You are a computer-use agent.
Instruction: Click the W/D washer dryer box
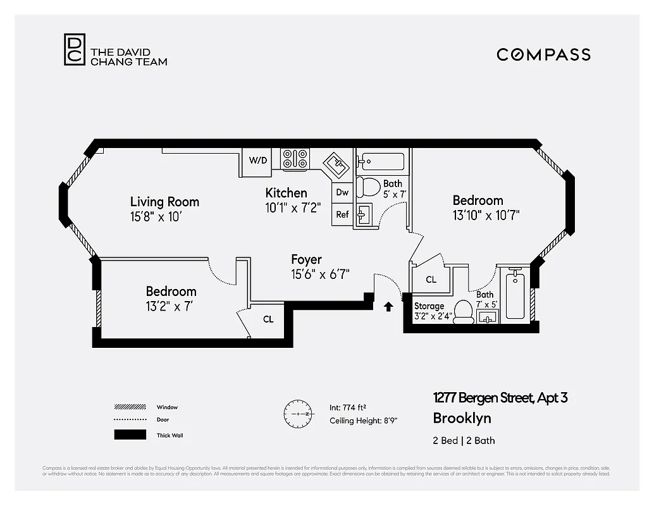[257, 161]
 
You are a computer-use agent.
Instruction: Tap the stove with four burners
[295, 159]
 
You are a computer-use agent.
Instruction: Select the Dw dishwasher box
[342, 192]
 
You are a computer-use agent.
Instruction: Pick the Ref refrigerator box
[342, 214]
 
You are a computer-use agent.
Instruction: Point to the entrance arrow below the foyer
[388, 307]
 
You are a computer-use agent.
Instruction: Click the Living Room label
[164, 202]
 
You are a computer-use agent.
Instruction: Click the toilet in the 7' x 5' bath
[464, 311]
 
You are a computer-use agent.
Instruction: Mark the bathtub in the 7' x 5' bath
[515, 295]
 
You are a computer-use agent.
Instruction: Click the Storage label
[429, 306]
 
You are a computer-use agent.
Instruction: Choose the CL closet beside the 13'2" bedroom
[268, 319]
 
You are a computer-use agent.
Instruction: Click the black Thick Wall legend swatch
[130, 435]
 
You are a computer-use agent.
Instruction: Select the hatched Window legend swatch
[130, 407]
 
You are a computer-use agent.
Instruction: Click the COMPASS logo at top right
[543, 54]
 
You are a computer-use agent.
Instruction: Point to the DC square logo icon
[74, 49]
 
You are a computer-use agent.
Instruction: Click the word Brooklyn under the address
[462, 418]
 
